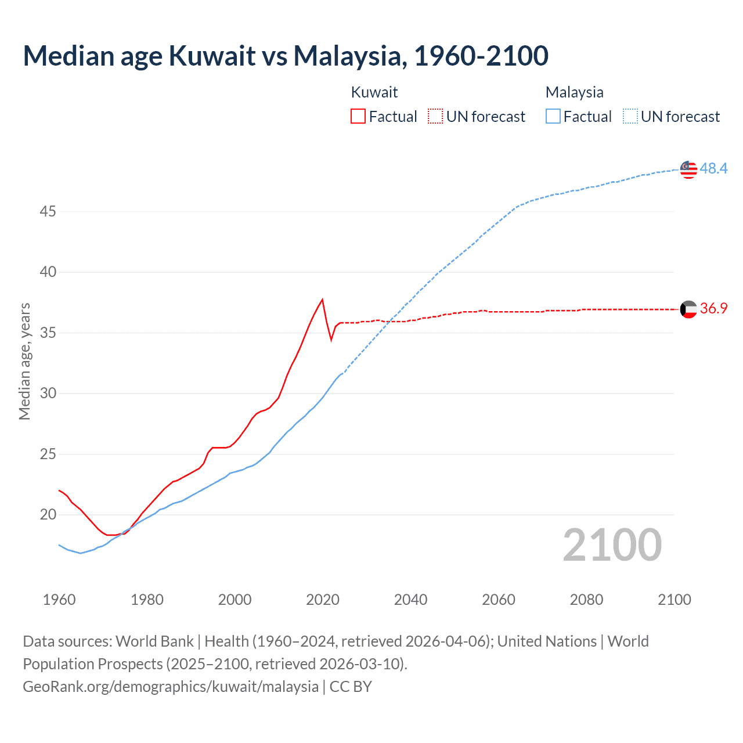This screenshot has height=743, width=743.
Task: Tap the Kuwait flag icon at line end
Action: click(x=688, y=309)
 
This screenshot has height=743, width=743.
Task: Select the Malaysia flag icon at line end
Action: click(x=688, y=169)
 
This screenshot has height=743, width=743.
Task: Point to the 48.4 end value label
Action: click(x=713, y=168)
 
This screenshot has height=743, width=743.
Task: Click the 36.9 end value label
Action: click(x=713, y=308)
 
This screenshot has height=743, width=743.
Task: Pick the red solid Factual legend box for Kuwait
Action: click(x=358, y=117)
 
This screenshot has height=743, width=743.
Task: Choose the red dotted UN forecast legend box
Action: click(x=435, y=117)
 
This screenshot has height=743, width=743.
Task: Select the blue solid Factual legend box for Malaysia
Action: click(x=553, y=117)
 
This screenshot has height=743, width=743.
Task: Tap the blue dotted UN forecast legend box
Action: click(x=630, y=117)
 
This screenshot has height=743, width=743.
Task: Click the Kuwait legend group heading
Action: click(x=374, y=92)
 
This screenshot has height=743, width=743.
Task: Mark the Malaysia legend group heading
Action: click(x=574, y=92)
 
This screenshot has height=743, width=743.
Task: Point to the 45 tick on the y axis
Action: click(x=48, y=211)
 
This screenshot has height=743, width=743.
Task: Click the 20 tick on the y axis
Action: click(x=48, y=514)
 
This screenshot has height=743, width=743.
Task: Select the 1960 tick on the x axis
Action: click(x=59, y=600)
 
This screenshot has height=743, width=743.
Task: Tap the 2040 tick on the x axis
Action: click(x=410, y=600)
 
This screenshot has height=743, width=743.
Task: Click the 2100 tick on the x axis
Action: click(x=674, y=600)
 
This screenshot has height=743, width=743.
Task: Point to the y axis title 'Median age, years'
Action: click(x=24, y=361)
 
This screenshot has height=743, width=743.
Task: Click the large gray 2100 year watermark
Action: click(x=612, y=544)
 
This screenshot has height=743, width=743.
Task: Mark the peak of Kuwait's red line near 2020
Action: click(x=322, y=300)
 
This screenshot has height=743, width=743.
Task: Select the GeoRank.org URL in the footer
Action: click(x=171, y=687)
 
